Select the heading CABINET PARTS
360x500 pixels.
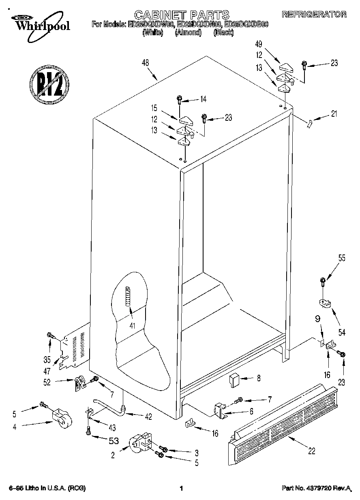182,15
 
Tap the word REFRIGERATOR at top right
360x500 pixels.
314,15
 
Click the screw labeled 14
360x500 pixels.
179,98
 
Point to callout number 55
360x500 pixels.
342,258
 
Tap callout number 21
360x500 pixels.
334,114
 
